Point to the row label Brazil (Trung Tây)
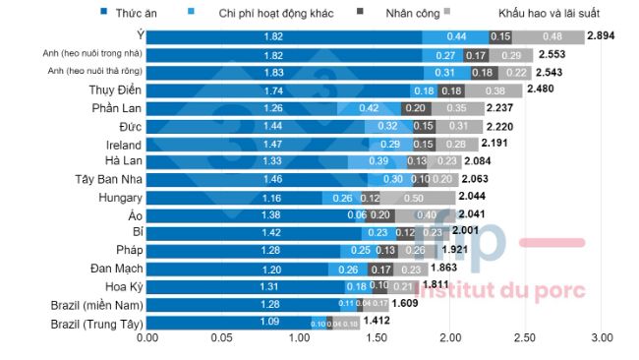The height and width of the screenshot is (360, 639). coord(92,322)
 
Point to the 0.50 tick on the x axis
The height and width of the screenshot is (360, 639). coord(222,338)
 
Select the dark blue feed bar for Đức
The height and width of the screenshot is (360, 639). coord(256,127)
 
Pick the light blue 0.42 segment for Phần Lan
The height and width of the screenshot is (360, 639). coord(369,108)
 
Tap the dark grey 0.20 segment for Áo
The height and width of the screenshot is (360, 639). coord(374,215)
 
